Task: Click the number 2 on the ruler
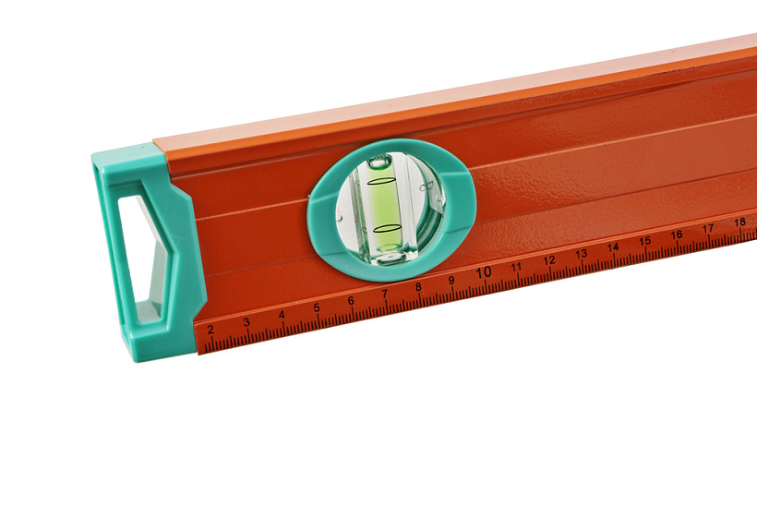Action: (x=210, y=330)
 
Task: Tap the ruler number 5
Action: (x=317, y=308)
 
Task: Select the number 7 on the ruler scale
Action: (x=385, y=294)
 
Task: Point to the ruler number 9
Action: (x=451, y=281)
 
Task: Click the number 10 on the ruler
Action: (x=484, y=272)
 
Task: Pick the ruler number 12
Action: (x=549, y=260)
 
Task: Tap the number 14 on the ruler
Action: (x=613, y=247)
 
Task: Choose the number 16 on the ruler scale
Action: (x=677, y=234)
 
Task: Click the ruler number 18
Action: (x=739, y=222)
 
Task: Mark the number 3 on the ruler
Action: (x=246, y=322)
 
